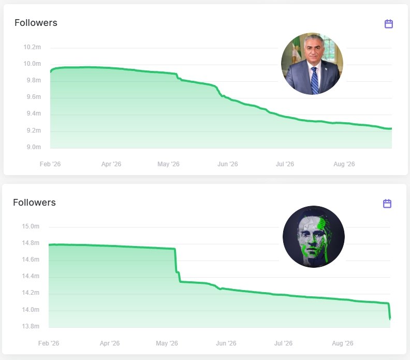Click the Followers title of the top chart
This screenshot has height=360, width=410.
click(36, 23)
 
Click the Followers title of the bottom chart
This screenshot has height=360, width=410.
click(34, 203)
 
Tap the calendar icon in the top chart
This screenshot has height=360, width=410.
click(389, 23)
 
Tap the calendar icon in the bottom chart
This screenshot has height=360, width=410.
click(387, 203)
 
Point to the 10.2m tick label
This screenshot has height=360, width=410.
click(32, 47)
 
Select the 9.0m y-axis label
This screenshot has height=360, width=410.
click(34, 147)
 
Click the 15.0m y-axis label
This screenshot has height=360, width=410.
click(31, 226)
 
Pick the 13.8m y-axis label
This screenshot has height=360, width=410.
click(31, 326)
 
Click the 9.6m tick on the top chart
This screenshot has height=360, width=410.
click(34, 97)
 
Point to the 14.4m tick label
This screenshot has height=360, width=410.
click(31, 276)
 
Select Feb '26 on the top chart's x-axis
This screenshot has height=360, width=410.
click(50, 164)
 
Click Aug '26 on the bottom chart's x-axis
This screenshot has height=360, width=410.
click(343, 343)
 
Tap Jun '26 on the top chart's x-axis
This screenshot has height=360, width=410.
click(228, 164)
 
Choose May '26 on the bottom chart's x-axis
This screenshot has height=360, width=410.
click(167, 343)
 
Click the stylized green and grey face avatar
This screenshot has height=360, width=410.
click(314, 237)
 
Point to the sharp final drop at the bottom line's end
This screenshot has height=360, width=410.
click(389, 311)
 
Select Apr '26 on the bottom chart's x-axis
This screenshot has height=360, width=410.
click(110, 343)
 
